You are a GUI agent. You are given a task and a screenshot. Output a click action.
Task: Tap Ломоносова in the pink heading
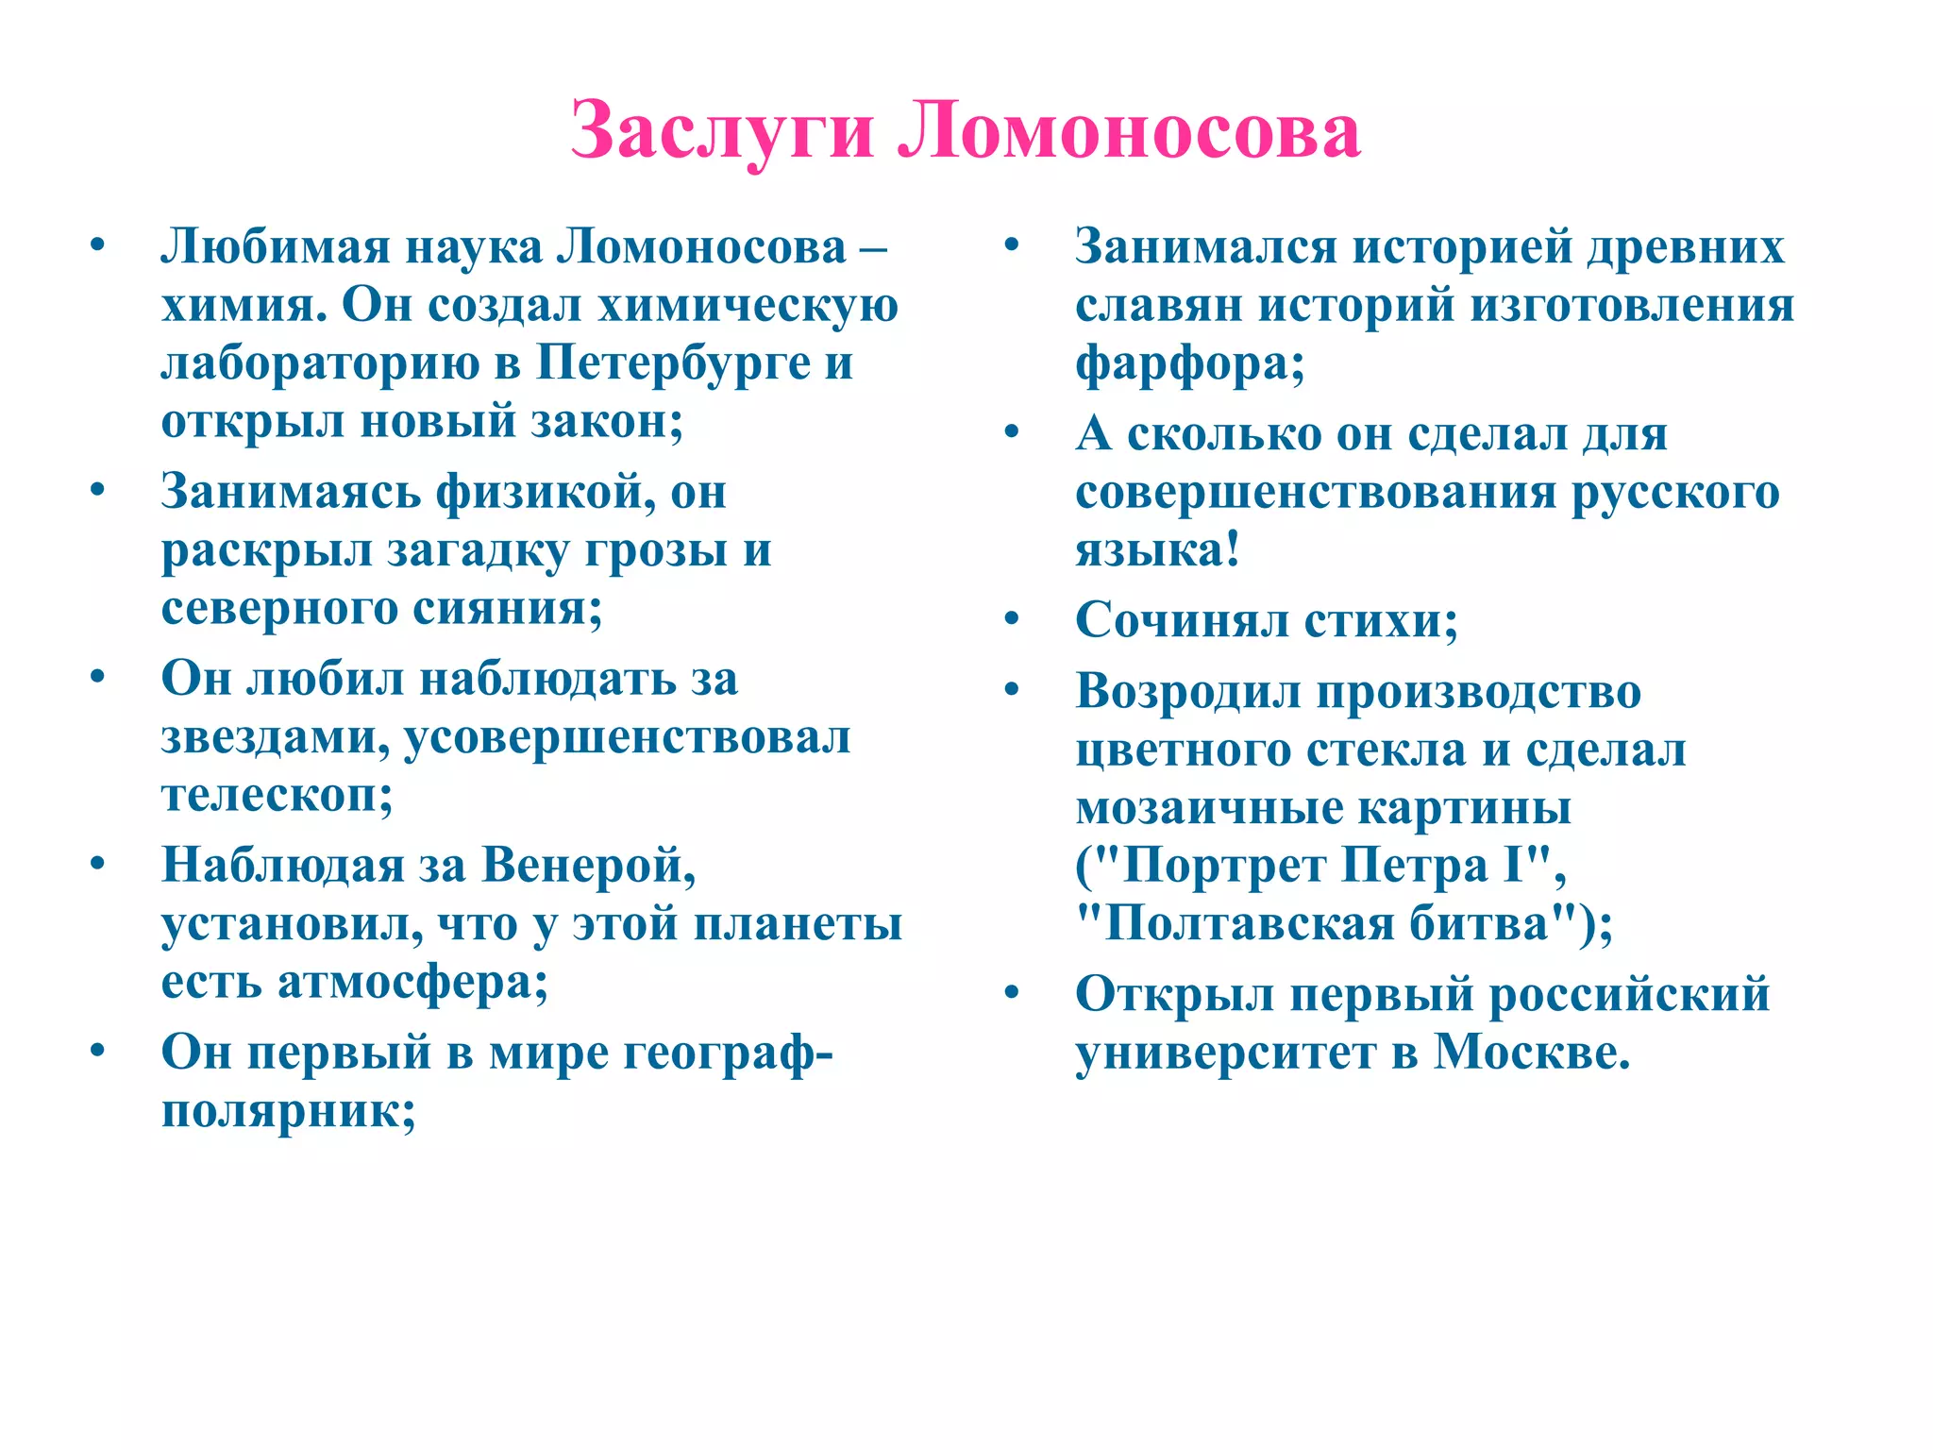pyautogui.click(x=1129, y=130)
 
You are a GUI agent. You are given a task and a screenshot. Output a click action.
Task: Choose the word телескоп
pyautogui.click(x=277, y=796)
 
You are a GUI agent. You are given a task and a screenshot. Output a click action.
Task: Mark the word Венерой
pyautogui.click(x=588, y=866)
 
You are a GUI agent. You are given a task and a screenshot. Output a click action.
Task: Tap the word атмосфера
pyautogui.click(x=412, y=983)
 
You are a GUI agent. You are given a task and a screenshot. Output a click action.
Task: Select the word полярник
pyautogui.click(x=288, y=1111)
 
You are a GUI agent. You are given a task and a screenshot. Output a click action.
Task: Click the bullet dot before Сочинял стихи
pyautogui.click(x=1013, y=619)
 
